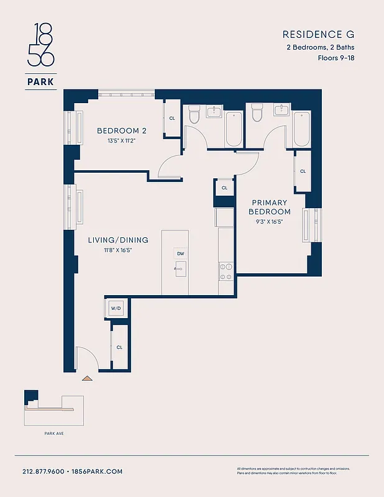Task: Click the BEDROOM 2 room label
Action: [x=121, y=130]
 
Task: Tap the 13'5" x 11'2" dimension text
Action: [x=121, y=141]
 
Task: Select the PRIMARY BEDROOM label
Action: [x=270, y=207]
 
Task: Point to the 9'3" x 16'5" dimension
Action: [x=270, y=222]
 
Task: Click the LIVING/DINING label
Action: [x=109, y=240]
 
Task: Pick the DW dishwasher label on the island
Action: [x=180, y=253]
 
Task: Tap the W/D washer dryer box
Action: [x=116, y=308]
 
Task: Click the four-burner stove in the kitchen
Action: [x=226, y=271]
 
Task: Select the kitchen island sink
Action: [x=180, y=269]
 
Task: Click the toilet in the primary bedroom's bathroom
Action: [x=256, y=114]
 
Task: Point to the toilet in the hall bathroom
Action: [x=193, y=114]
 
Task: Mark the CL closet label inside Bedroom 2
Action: [x=172, y=118]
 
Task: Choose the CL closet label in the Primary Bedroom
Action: [x=303, y=171]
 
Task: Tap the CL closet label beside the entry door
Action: [x=119, y=347]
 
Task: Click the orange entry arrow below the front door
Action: [x=87, y=377]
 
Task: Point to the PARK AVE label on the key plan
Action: [x=53, y=434]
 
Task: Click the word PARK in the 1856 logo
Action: [x=40, y=81]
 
